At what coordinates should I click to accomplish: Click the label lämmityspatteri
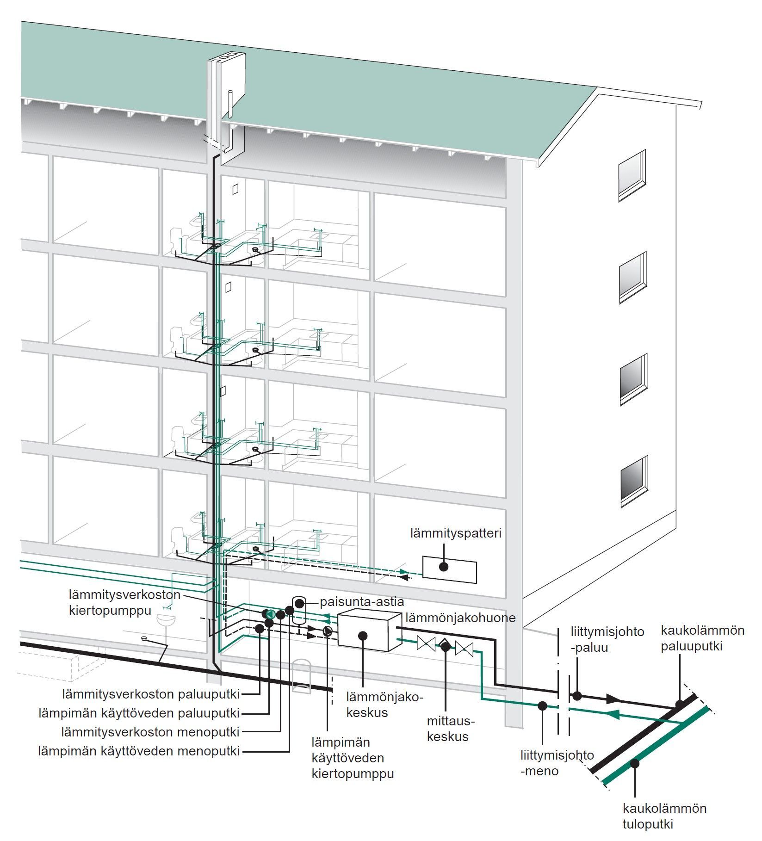(x=456, y=533)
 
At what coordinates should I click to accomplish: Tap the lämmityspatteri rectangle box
(x=449, y=570)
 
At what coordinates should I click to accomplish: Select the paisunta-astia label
(x=362, y=602)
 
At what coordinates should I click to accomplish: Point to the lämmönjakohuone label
(x=460, y=618)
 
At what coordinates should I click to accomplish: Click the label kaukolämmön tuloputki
(x=664, y=816)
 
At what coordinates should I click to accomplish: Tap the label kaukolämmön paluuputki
(x=702, y=638)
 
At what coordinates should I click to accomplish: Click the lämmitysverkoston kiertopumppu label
(x=124, y=602)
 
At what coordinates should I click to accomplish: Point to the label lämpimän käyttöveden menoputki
(x=139, y=751)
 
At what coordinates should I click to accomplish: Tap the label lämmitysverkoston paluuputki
(x=151, y=694)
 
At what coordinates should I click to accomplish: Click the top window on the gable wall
(x=632, y=175)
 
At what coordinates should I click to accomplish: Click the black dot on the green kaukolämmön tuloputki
(x=636, y=763)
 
